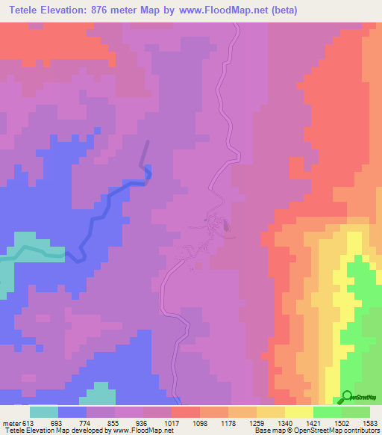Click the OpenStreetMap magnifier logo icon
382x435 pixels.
[346, 396]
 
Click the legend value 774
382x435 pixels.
[86, 423]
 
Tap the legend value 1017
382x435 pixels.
[171, 423]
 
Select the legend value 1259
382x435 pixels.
[256, 423]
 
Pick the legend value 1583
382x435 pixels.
[369, 423]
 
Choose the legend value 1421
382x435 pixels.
[313, 423]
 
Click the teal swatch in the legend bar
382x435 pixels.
[43, 412]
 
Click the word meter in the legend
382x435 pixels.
[11, 423]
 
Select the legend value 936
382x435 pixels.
[143, 423]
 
